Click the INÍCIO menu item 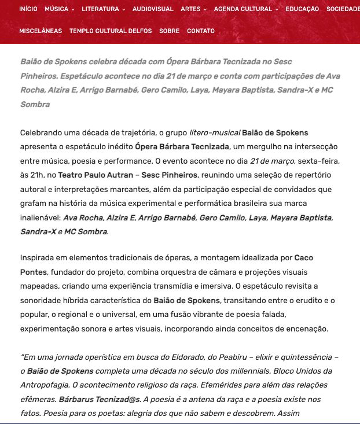[28, 9]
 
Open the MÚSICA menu [59, 9]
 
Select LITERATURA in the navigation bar [103, 9]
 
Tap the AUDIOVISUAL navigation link [153, 9]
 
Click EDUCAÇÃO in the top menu [302, 9]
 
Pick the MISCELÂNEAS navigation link [41, 31]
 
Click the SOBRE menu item [169, 31]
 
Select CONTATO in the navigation [201, 31]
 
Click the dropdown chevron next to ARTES [205, 10]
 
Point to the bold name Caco [304, 257]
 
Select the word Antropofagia [47, 385]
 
